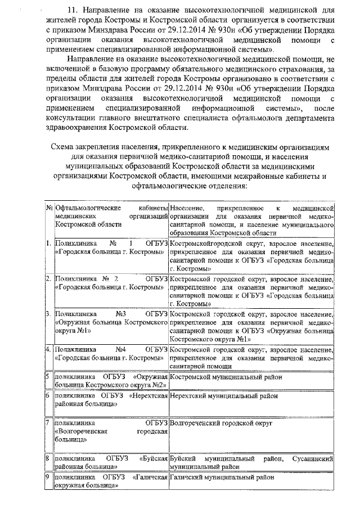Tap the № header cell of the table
(48, 208)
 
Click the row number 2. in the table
(49, 278)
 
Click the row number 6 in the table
(48, 395)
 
